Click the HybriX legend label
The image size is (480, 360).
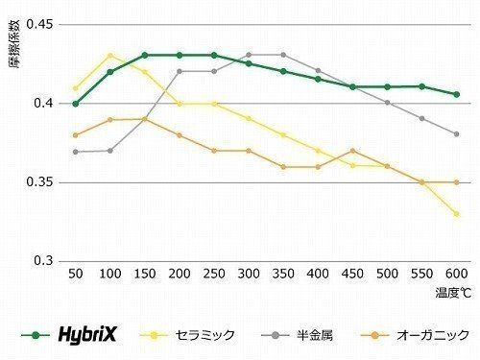point(94,335)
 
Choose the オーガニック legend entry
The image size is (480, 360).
point(424,335)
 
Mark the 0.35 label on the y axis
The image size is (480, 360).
point(40,182)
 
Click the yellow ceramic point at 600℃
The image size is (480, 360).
point(456,213)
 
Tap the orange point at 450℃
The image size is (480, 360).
point(353,151)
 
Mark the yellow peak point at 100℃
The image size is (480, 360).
point(110,56)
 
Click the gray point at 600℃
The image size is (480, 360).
point(456,134)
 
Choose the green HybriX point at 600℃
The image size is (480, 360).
point(456,94)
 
